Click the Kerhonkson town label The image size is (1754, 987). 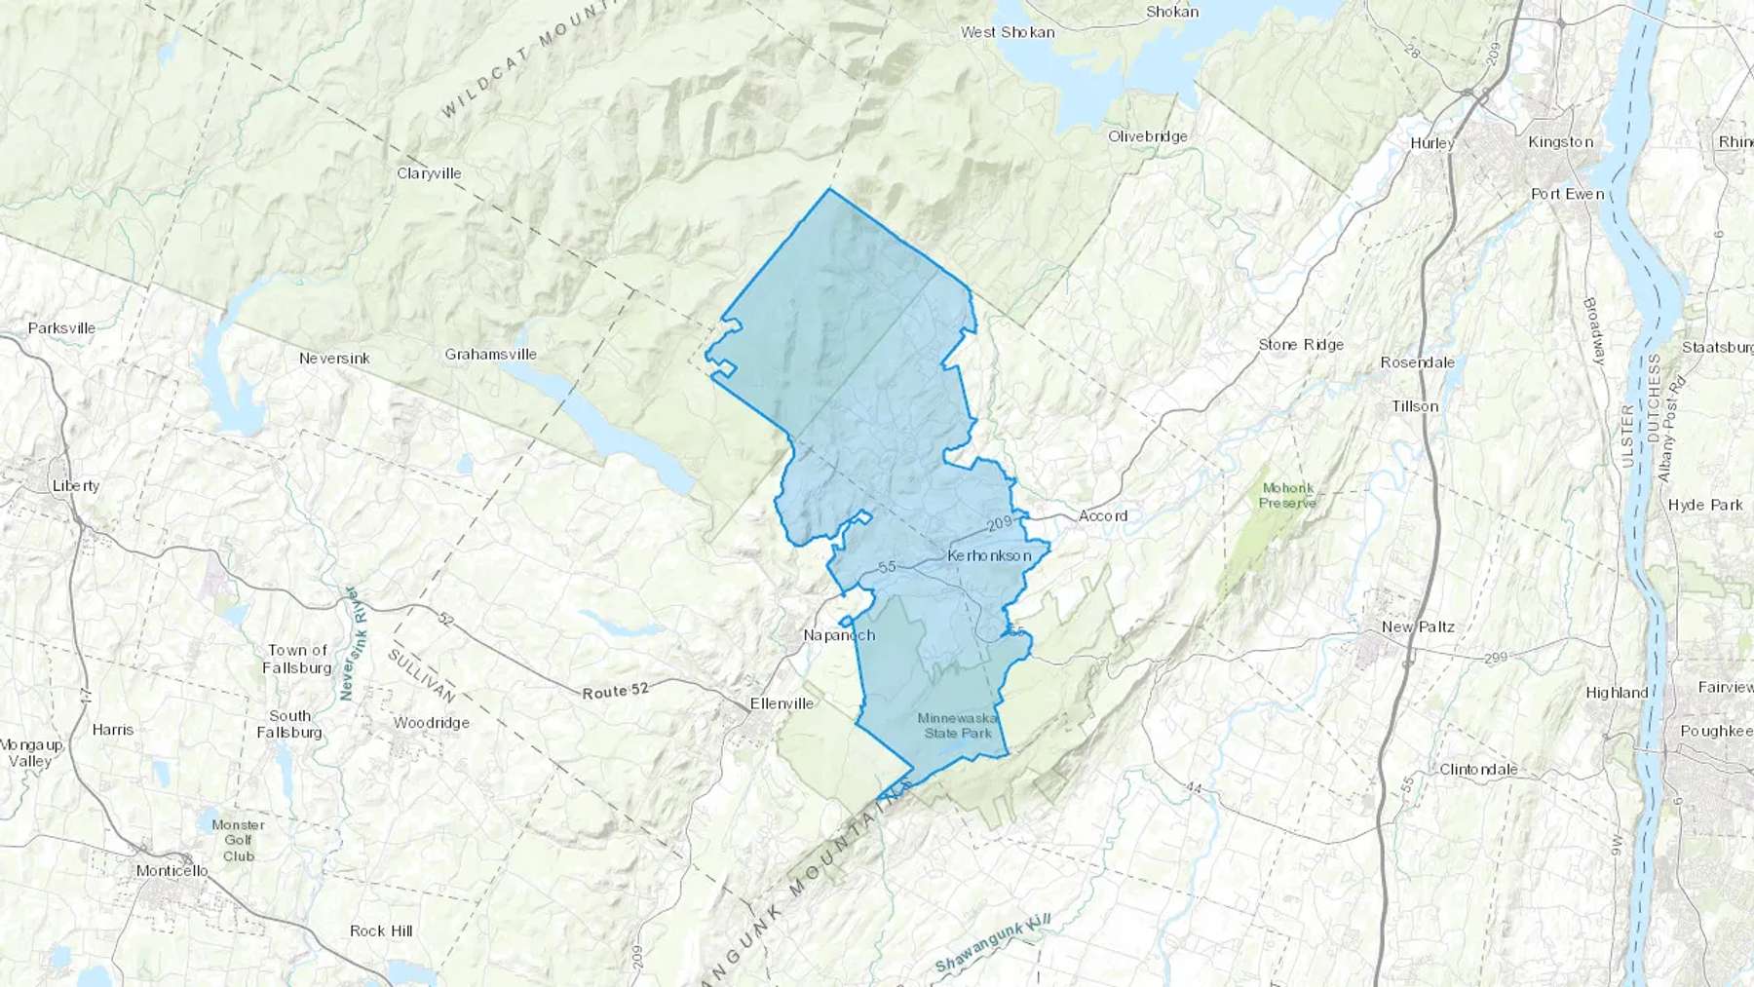pos(989,555)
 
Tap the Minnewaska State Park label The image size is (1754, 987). pos(957,726)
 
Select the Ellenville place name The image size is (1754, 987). pos(782,703)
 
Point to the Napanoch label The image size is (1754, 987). pos(839,635)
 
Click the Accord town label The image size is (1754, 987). pos(1103,515)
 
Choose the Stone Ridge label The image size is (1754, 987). pos(1300,345)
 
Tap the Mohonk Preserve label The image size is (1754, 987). pos(1287,496)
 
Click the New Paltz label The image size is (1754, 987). pos(1418,626)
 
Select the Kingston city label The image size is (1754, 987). pos(1560,142)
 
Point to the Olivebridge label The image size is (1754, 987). pos(1147,136)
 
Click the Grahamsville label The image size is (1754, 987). pos(490,355)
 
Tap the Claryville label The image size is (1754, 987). pos(429,173)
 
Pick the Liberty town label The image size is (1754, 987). pos(76,486)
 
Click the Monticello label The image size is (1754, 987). pos(172,871)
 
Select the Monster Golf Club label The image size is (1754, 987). pos(238,840)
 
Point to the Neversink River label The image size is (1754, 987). pos(350,643)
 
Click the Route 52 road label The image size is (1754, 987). pos(615,692)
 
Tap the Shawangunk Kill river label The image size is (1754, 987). pos(993,947)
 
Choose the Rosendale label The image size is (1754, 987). pos(1417,362)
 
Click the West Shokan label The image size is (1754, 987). pos(1007,32)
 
